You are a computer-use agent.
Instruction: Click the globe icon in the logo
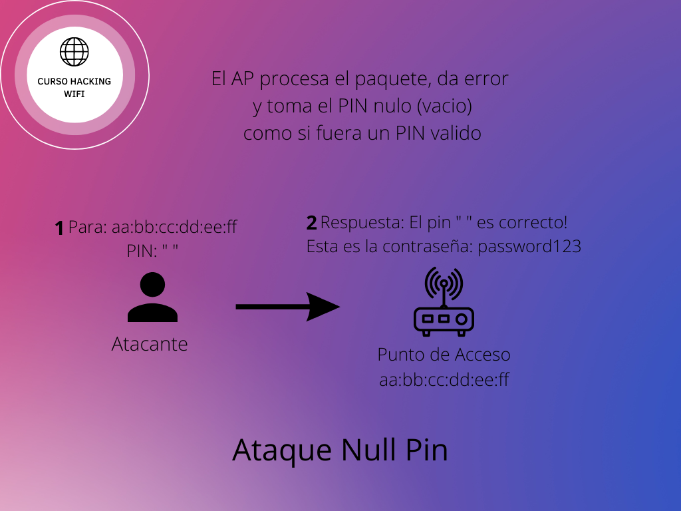click(74, 51)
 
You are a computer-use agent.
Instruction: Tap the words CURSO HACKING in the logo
click(74, 81)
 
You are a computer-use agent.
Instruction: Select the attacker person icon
click(152, 298)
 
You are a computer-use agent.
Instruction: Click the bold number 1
click(59, 229)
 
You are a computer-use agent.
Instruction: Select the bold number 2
click(311, 224)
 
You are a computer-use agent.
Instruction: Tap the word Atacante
click(150, 344)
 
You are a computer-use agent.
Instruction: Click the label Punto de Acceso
click(444, 354)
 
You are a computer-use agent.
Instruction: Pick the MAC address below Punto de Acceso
click(444, 380)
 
